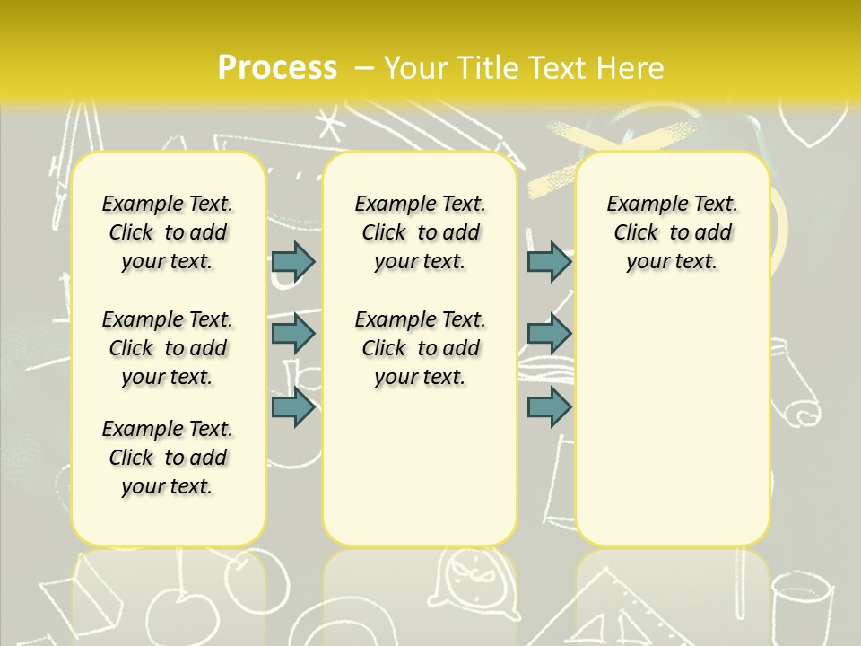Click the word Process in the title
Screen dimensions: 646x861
[x=276, y=67]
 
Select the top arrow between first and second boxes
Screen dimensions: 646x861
[x=293, y=261]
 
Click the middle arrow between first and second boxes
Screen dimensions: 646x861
[x=293, y=334]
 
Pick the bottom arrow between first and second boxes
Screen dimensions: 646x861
[x=293, y=407]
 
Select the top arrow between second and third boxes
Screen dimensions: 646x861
[x=549, y=261]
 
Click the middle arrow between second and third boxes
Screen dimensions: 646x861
[x=549, y=334]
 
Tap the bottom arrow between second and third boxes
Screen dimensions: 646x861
[x=549, y=407]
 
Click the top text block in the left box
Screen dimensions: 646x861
[x=168, y=232]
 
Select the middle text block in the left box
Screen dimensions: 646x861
[x=168, y=348]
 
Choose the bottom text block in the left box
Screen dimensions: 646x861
[x=168, y=458]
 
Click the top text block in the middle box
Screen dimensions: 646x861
[x=421, y=232]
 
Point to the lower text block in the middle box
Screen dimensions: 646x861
[x=421, y=348]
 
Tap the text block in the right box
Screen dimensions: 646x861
[x=673, y=232]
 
